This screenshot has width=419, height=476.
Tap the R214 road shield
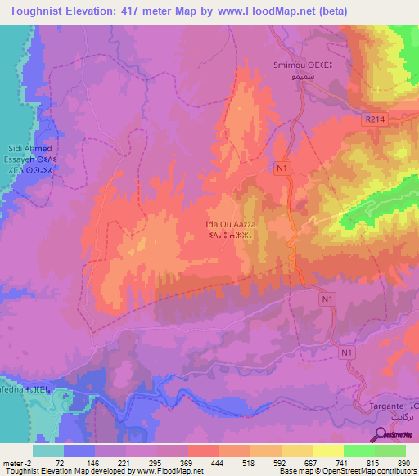[x=375, y=119]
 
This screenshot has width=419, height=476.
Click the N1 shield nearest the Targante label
[x=346, y=352]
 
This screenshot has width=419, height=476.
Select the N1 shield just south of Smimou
[x=282, y=168]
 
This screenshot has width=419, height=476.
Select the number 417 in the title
[x=134, y=11]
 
